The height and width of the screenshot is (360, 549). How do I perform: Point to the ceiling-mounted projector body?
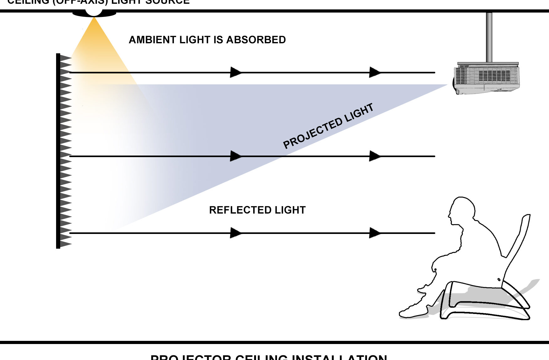[x=486, y=78]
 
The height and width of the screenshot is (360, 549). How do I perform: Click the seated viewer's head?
[x=462, y=209]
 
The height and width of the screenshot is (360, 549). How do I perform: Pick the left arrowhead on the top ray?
[x=236, y=72]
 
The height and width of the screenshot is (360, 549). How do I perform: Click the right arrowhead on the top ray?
[x=375, y=72]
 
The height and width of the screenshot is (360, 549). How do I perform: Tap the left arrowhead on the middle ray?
[x=236, y=156]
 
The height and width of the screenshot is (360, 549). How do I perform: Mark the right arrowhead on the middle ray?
[x=375, y=156]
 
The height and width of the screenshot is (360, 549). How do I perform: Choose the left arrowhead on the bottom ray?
[x=236, y=233]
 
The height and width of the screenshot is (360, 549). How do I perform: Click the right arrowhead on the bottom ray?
[x=375, y=233]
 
